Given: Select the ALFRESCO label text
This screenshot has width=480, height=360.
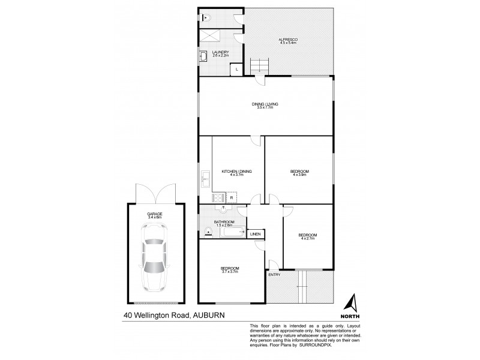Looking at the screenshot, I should pyautogui.click(x=288, y=40).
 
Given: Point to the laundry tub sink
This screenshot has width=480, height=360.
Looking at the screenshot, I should pyautogui.click(x=204, y=56).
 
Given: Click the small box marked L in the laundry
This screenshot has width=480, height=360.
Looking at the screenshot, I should pyautogui.click(x=238, y=70).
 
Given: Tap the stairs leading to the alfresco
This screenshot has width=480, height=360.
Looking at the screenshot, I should pyautogui.click(x=259, y=63).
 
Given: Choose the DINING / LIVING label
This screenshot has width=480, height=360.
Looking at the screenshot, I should pyautogui.click(x=265, y=104).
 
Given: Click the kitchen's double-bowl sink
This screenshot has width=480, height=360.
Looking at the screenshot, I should pyautogui.click(x=205, y=178).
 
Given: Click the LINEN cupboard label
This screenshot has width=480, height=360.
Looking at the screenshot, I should pyautogui.click(x=255, y=234).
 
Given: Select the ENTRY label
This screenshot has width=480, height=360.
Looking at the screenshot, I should pyautogui.click(x=275, y=275).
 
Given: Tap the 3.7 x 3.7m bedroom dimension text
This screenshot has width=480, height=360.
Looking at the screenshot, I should pyautogui.click(x=230, y=272).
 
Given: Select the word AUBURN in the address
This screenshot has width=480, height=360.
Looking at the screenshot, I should pyautogui.click(x=212, y=314).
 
